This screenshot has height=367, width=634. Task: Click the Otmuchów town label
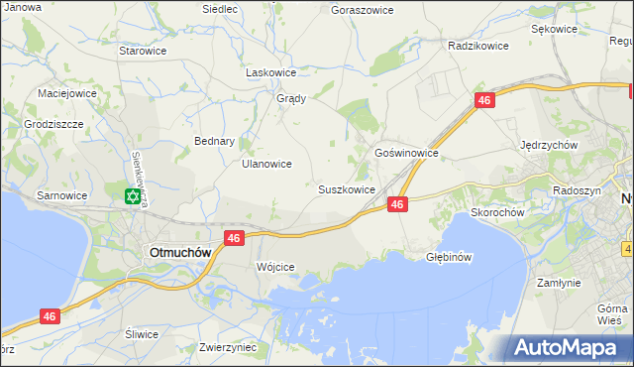coord(179,252)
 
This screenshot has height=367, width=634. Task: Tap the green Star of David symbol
coord(132,196)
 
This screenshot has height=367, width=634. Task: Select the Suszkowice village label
coord(346,188)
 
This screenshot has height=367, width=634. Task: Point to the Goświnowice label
coord(406,154)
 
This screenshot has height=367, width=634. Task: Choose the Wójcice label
coord(275,268)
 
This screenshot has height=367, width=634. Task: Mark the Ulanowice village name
coord(266,164)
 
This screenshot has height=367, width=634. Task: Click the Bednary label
coord(214,141)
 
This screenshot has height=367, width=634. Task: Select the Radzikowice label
coord(477,46)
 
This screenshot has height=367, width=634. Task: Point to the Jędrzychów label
coord(549,144)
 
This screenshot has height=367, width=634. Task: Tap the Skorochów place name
coord(497,212)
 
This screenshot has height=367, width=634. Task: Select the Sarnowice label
coord(61,195)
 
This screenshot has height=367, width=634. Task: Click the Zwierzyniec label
coord(228,347)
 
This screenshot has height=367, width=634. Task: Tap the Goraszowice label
coord(362,9)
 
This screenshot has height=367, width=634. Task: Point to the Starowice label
coord(141,50)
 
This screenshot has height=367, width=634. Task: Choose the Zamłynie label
coord(559,283)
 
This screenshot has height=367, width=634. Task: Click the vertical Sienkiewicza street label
coord(142,180)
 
